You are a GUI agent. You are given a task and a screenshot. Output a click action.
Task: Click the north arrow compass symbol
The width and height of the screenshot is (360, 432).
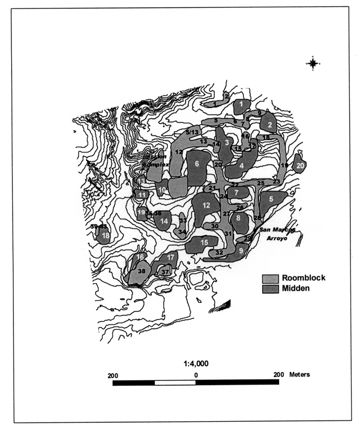313,63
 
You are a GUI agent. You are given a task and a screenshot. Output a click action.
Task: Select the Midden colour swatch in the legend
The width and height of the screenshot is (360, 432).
270,288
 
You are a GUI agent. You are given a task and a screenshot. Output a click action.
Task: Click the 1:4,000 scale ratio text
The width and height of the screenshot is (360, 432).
196,363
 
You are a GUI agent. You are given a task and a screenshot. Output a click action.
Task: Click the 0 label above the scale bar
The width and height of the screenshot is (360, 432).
196,374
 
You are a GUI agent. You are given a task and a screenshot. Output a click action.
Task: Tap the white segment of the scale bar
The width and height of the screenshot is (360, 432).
175,383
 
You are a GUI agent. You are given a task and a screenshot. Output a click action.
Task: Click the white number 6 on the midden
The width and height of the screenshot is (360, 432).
197,163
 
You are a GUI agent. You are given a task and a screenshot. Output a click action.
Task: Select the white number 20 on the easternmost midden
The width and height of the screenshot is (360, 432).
300,166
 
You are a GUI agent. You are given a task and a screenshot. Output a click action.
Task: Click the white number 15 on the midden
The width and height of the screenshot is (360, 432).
204,242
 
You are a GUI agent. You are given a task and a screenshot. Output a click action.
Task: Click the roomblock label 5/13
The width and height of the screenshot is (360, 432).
192,132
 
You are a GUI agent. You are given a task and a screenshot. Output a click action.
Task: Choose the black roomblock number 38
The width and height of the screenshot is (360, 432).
142,271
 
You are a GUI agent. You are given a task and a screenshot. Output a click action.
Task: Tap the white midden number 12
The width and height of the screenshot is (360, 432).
206,205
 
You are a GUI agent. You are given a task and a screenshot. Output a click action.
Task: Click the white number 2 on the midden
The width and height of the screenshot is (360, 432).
270,125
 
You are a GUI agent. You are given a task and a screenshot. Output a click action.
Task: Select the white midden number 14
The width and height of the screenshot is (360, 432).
165,221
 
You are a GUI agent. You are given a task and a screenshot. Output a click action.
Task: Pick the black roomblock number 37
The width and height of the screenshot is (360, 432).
166,272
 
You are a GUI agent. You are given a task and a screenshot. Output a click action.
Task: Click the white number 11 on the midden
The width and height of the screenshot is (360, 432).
142,194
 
